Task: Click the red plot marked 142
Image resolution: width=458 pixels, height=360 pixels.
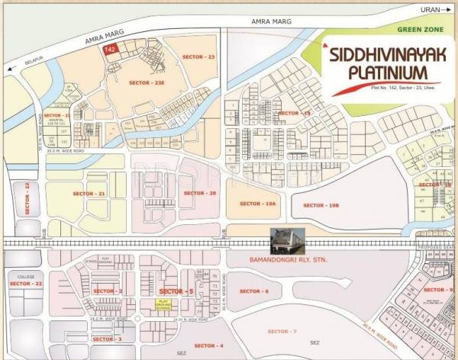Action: (x=111, y=50)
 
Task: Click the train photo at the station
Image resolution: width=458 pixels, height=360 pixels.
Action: (x=289, y=239)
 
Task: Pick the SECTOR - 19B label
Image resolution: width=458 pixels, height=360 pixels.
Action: (x=318, y=205)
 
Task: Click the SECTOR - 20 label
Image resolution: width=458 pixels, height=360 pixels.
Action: (x=201, y=193)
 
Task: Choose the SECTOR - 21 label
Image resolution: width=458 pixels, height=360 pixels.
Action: (x=90, y=194)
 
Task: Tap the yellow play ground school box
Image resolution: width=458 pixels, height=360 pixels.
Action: (x=162, y=303)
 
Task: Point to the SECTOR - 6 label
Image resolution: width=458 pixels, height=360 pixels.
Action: (x=254, y=291)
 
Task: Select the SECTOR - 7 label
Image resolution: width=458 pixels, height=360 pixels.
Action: (x=282, y=331)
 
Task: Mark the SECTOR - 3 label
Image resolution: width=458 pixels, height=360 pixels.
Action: (x=106, y=338)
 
